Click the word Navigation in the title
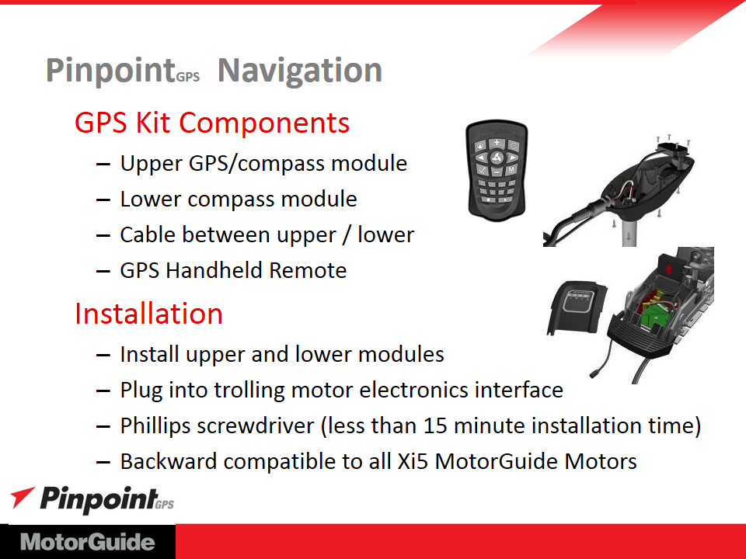point(300,71)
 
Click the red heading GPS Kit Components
point(212,123)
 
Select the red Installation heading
point(149,314)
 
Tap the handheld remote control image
point(497,171)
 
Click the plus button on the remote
point(497,142)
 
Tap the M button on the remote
point(511,170)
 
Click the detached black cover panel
point(577,307)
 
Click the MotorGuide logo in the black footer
point(88,542)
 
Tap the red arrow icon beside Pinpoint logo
point(22,497)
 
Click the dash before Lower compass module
point(103,200)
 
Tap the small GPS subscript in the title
point(188,77)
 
